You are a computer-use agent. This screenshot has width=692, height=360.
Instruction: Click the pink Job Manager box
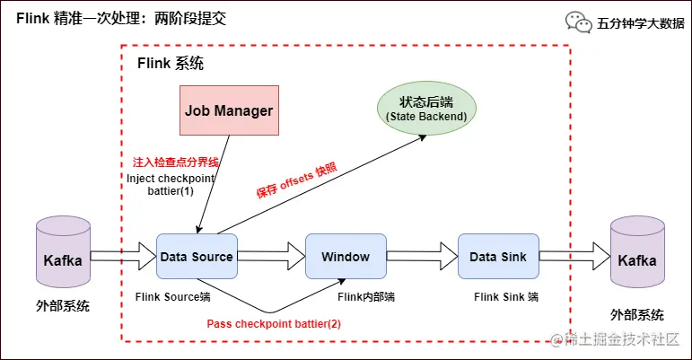pyautogui.click(x=229, y=110)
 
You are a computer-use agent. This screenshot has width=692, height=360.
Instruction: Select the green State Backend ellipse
pyautogui.click(x=426, y=108)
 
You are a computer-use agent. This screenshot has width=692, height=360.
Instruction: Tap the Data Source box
pyautogui.click(x=197, y=257)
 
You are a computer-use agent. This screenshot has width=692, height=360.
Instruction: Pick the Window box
pyautogui.click(x=346, y=257)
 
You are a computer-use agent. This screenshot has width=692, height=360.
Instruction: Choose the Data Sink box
pyautogui.click(x=498, y=257)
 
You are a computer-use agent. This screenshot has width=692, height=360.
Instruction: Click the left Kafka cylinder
pyautogui.click(x=62, y=260)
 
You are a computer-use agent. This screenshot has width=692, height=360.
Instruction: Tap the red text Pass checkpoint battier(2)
pyautogui.click(x=274, y=324)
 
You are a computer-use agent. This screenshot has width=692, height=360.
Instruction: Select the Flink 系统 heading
pyautogui.click(x=170, y=64)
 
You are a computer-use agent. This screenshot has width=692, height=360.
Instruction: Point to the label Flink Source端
pyautogui.click(x=173, y=295)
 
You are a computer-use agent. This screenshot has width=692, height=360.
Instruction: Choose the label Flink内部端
pyautogui.click(x=366, y=295)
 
